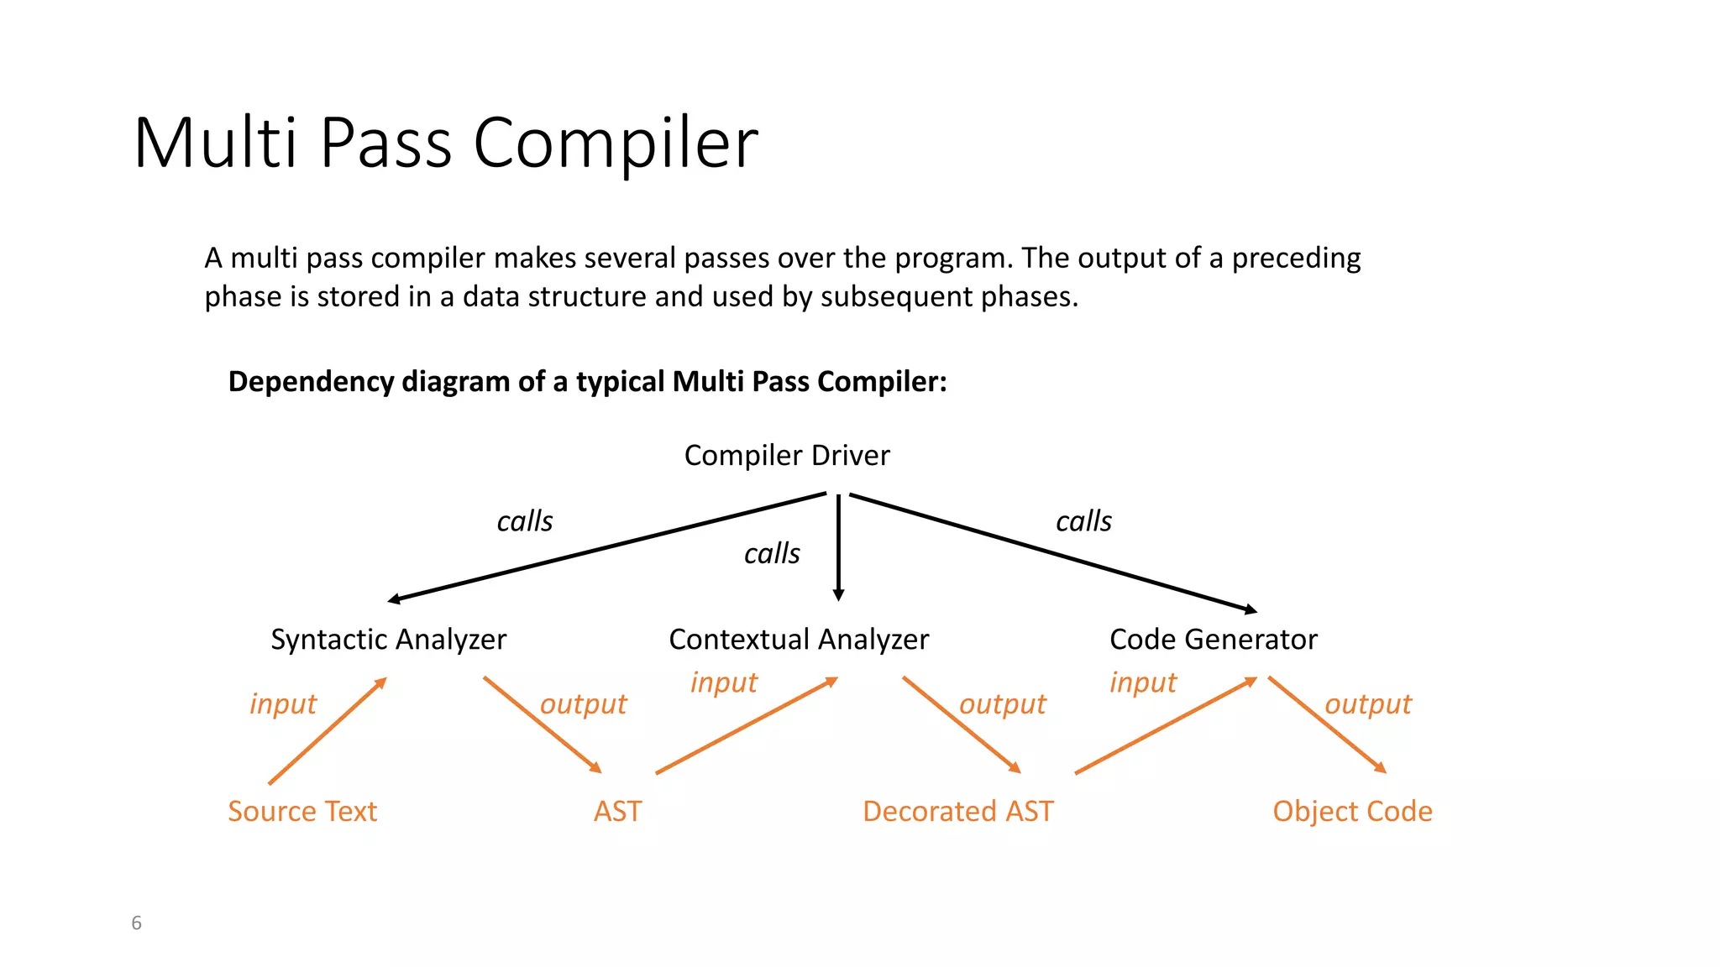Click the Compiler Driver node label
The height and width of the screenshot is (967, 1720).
click(x=787, y=455)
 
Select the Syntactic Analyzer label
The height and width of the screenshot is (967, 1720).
click(x=388, y=640)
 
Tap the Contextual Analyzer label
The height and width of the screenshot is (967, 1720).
click(x=799, y=640)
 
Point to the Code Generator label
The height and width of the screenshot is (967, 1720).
click(x=1213, y=640)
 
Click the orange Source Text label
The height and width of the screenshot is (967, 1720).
click(x=302, y=812)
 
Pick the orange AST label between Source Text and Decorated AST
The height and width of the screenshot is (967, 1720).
click(x=617, y=812)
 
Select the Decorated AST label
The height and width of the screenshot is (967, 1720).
click(x=957, y=812)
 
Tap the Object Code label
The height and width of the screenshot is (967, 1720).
click(x=1352, y=812)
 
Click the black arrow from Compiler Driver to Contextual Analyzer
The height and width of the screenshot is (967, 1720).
click(x=838, y=546)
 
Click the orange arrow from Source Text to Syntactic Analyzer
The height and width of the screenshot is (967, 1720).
click(x=328, y=731)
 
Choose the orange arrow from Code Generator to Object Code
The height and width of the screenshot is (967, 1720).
click(x=1327, y=724)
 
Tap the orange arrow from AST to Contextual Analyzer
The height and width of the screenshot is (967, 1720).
click(x=747, y=726)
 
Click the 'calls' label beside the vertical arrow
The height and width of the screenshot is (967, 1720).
click(x=772, y=554)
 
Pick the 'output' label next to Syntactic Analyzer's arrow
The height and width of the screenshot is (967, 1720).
click(x=583, y=704)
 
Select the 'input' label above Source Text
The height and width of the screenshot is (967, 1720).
click(x=283, y=704)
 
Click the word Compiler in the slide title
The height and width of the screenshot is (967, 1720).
click(x=616, y=143)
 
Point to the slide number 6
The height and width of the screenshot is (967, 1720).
click(x=136, y=923)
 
